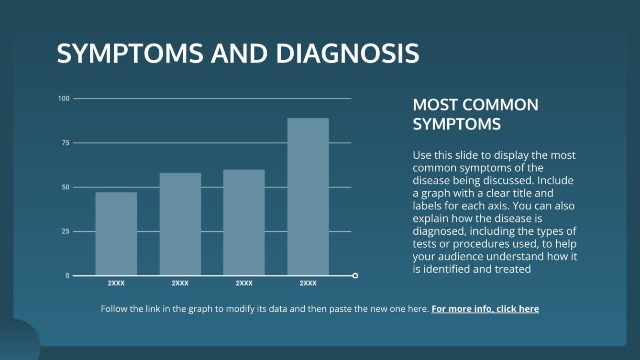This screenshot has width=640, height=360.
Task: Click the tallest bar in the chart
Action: [308, 196]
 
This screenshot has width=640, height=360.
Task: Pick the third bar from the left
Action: [244, 222]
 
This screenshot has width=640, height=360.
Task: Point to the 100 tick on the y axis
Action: [64, 98]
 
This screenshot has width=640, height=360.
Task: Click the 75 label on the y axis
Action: [65, 143]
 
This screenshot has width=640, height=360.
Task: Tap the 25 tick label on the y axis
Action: [65, 231]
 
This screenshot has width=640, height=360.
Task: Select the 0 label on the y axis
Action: [67, 276]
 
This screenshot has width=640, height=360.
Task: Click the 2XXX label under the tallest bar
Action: [308, 283]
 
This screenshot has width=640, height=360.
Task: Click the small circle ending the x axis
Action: [355, 275]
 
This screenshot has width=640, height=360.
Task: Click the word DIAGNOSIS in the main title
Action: [347, 54]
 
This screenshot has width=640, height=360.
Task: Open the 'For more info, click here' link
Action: [485, 309]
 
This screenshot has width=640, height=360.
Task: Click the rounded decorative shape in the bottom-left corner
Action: [19, 340]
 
